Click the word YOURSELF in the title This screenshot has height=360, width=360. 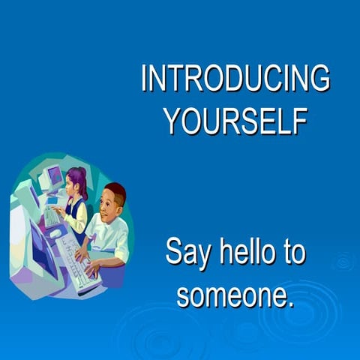235,120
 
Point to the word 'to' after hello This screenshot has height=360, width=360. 292,252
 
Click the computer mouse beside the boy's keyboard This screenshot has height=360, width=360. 55,233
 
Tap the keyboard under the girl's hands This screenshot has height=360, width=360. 52,217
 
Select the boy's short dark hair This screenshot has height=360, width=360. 116,192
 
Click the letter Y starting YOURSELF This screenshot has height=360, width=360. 173,120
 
